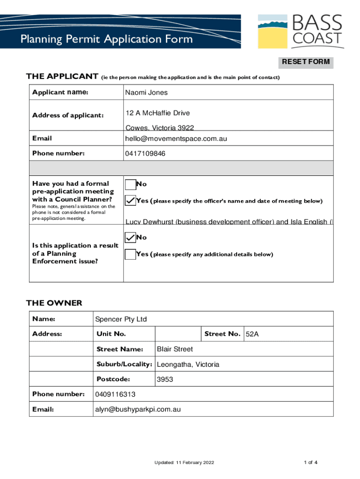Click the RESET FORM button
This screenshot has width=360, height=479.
(306, 62)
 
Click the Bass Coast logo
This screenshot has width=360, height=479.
(301, 31)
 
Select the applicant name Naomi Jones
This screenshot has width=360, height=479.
(146, 93)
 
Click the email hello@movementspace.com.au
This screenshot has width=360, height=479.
(176, 138)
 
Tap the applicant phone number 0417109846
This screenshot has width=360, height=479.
(145, 153)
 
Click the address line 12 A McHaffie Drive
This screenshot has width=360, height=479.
(157, 113)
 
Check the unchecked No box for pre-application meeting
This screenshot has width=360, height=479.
(130, 185)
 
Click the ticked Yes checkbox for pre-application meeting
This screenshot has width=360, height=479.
(130, 201)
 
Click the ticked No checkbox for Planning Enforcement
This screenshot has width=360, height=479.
(130, 238)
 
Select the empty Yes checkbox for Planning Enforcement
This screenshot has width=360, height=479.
(130, 254)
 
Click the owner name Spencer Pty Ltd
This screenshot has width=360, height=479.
(121, 319)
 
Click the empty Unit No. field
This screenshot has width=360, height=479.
(178, 334)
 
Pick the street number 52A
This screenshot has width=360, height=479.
(252, 334)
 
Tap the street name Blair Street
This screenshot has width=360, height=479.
(174, 349)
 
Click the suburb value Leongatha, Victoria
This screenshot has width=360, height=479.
(188, 364)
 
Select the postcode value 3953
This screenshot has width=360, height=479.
(165, 379)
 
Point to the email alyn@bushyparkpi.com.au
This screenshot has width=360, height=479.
(137, 409)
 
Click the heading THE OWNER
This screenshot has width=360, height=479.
(54, 303)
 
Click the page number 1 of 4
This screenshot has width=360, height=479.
(310, 463)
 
